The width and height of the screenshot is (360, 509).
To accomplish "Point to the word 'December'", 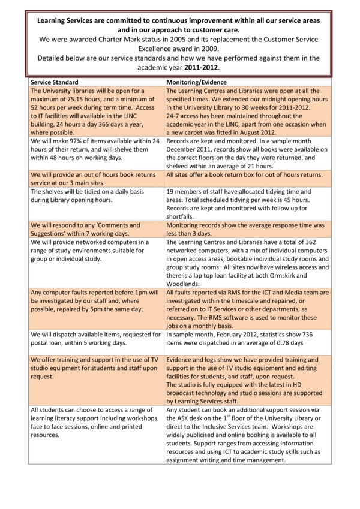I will [x=185, y=150].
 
